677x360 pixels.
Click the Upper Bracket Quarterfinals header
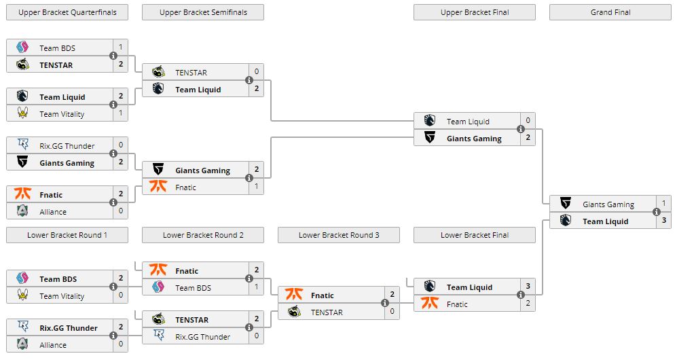tap(67, 12)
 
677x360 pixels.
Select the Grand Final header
tap(610, 12)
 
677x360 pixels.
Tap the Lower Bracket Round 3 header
tap(339, 235)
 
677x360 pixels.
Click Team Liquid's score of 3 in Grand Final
tap(663, 221)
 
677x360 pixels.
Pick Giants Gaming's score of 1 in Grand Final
tap(663, 203)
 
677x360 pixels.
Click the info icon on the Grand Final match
tap(656, 212)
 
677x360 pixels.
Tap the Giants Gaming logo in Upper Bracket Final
tap(430, 138)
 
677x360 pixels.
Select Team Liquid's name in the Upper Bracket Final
tap(468, 122)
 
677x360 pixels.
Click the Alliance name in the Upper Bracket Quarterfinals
tap(53, 212)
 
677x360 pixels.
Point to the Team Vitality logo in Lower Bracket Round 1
tap(22, 295)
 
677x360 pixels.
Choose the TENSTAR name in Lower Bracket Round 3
tap(327, 312)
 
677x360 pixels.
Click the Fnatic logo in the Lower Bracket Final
tap(430, 303)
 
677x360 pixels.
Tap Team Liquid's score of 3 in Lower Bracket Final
tap(528, 286)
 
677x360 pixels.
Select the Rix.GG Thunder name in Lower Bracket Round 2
tap(202, 337)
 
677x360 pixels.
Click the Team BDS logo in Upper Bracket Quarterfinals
tap(22, 47)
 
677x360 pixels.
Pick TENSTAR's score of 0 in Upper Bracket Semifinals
tap(257, 71)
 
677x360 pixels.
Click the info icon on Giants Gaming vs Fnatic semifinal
tap(249, 178)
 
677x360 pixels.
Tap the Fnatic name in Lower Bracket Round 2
tap(187, 271)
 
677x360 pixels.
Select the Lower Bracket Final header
tap(475, 235)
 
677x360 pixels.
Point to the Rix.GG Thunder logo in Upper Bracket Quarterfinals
tap(22, 145)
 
